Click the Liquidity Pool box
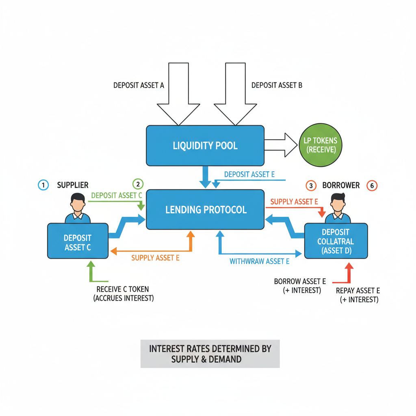click(x=205, y=145)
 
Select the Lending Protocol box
click(x=206, y=210)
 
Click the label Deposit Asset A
click(x=139, y=85)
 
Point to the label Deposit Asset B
click(x=277, y=85)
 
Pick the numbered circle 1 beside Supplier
click(x=43, y=185)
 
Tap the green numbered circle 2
click(x=138, y=184)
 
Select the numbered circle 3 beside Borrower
click(x=311, y=186)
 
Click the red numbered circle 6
click(x=372, y=186)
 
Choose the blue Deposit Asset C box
click(x=78, y=242)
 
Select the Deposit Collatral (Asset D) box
click(x=336, y=241)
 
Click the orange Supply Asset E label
click(x=155, y=258)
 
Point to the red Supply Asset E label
click(x=294, y=201)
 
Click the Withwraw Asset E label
click(x=259, y=261)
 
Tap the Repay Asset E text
click(x=358, y=295)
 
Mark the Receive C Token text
click(x=123, y=293)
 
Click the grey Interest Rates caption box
click(x=210, y=353)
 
